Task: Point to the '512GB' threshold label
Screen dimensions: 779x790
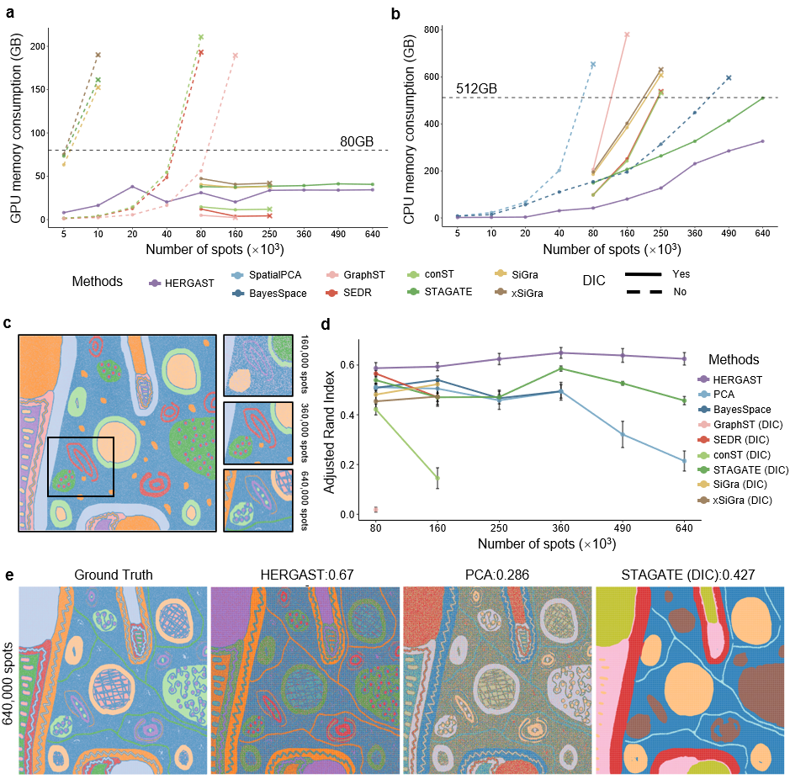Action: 477,87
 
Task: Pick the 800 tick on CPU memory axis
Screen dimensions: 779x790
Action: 432,30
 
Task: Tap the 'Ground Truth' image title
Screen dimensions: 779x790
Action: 114,575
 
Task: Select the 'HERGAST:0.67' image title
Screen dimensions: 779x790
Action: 306,575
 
